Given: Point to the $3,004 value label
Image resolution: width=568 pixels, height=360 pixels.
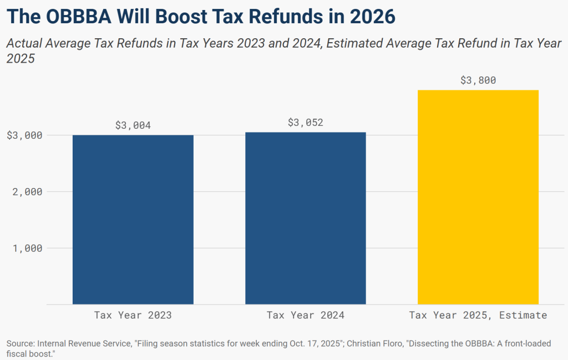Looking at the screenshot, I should coord(133,125).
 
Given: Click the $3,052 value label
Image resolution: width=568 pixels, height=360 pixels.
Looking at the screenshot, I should coord(306,123).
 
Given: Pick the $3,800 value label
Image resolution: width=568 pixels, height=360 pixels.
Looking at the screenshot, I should coord(478,80).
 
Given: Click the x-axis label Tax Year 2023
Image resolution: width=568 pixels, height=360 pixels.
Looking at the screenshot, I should coord(133,315).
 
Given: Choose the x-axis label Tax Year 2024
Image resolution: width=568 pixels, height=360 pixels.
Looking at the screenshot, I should coord(306,315).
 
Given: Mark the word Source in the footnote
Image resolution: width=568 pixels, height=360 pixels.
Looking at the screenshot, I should coord(20,344).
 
